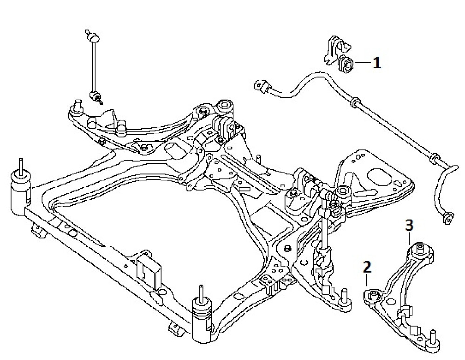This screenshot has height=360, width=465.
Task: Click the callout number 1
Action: coord(376,62)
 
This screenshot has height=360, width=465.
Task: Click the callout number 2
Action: coord(367,267)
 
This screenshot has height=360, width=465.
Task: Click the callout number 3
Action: coord(409,226)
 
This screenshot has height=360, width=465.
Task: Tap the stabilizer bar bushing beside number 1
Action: coord(346,64)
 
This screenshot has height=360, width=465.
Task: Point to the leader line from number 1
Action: coord(362,62)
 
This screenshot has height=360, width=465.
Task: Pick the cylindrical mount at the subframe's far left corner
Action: coord(20,188)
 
